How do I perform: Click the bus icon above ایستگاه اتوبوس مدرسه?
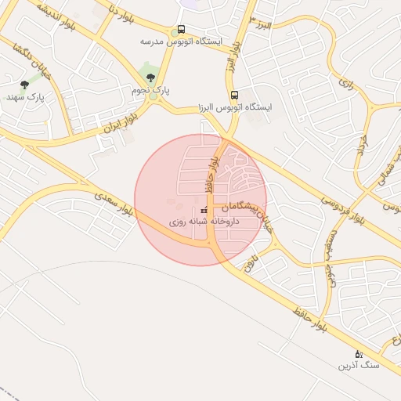click(182, 30)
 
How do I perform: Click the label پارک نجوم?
click(151, 91)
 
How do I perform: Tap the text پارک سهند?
click(23, 97)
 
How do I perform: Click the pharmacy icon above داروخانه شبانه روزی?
click(204, 211)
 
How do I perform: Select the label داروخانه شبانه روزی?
click(204, 222)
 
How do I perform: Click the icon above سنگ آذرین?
click(359, 353)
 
